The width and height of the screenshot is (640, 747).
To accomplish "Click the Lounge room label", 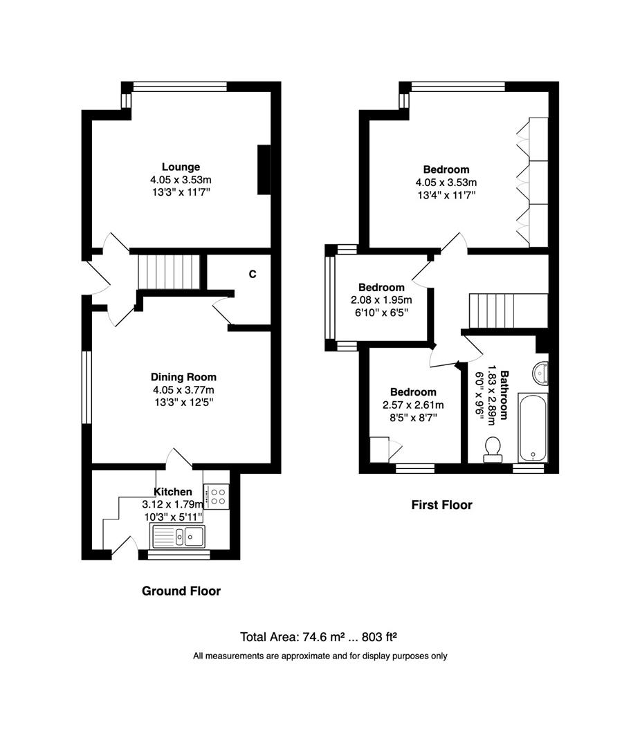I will click(181, 167).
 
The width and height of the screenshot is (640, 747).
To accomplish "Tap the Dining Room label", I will click(183, 377).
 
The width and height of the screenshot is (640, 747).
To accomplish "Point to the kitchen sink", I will click(178, 535).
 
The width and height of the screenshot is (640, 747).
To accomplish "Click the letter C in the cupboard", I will click(253, 274).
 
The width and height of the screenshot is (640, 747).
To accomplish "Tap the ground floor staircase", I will click(169, 272).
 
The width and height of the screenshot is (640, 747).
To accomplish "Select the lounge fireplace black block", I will click(264, 169).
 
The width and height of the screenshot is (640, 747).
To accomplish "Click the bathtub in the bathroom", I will click(532, 427).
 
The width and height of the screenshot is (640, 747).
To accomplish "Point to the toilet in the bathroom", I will click(493, 448).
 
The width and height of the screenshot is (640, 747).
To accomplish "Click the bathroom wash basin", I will click(540, 373).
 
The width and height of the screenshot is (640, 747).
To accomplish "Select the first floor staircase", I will click(508, 311).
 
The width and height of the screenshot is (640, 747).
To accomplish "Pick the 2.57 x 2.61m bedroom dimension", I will click(413, 405).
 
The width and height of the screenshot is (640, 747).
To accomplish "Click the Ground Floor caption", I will click(181, 591).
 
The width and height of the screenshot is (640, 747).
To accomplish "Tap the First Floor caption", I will click(441, 505).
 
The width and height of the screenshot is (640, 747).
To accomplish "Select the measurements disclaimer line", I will click(320, 656).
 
